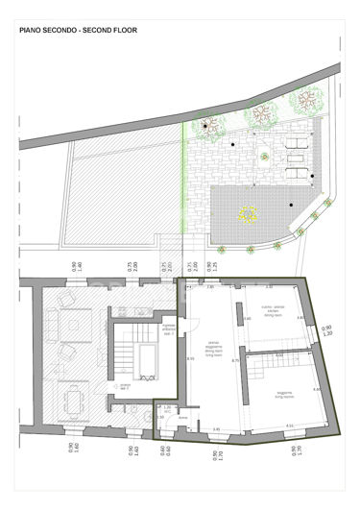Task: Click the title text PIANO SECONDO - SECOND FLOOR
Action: tap(79, 31)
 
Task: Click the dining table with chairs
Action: tap(73, 396)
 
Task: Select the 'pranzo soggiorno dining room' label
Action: tap(215, 350)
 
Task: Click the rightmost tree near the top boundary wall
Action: tap(309, 98)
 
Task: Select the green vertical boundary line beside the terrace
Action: tap(183, 192)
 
